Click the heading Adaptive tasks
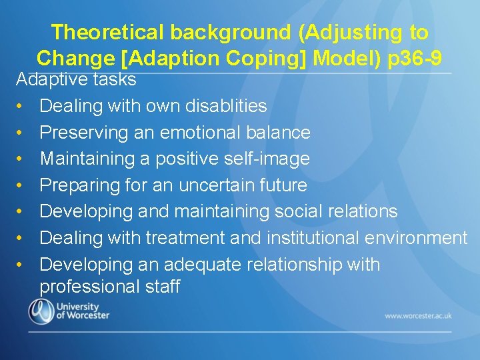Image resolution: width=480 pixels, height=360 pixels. click(x=76, y=80)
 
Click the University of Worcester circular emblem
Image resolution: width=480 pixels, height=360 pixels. click(x=41, y=311)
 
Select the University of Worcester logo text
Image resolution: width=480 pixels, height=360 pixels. click(x=83, y=311)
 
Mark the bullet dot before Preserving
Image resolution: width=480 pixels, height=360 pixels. click(x=21, y=133)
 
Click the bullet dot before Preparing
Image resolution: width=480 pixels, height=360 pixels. click(x=21, y=185)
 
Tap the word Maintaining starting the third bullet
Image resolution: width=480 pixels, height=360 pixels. click(x=79, y=159)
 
